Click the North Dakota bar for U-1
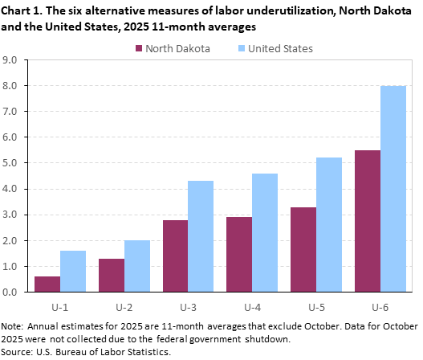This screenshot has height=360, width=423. [47, 284]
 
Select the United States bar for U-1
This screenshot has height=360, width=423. [73, 271]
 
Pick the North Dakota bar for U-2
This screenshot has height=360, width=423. [112, 275]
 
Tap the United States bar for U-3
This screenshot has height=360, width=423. [201, 236]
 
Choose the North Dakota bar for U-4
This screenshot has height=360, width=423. [239, 254]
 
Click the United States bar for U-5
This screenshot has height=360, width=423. [329, 224]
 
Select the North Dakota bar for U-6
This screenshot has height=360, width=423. [368, 221]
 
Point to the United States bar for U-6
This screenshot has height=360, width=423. [393, 189]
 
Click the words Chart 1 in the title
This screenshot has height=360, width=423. [21, 10]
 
